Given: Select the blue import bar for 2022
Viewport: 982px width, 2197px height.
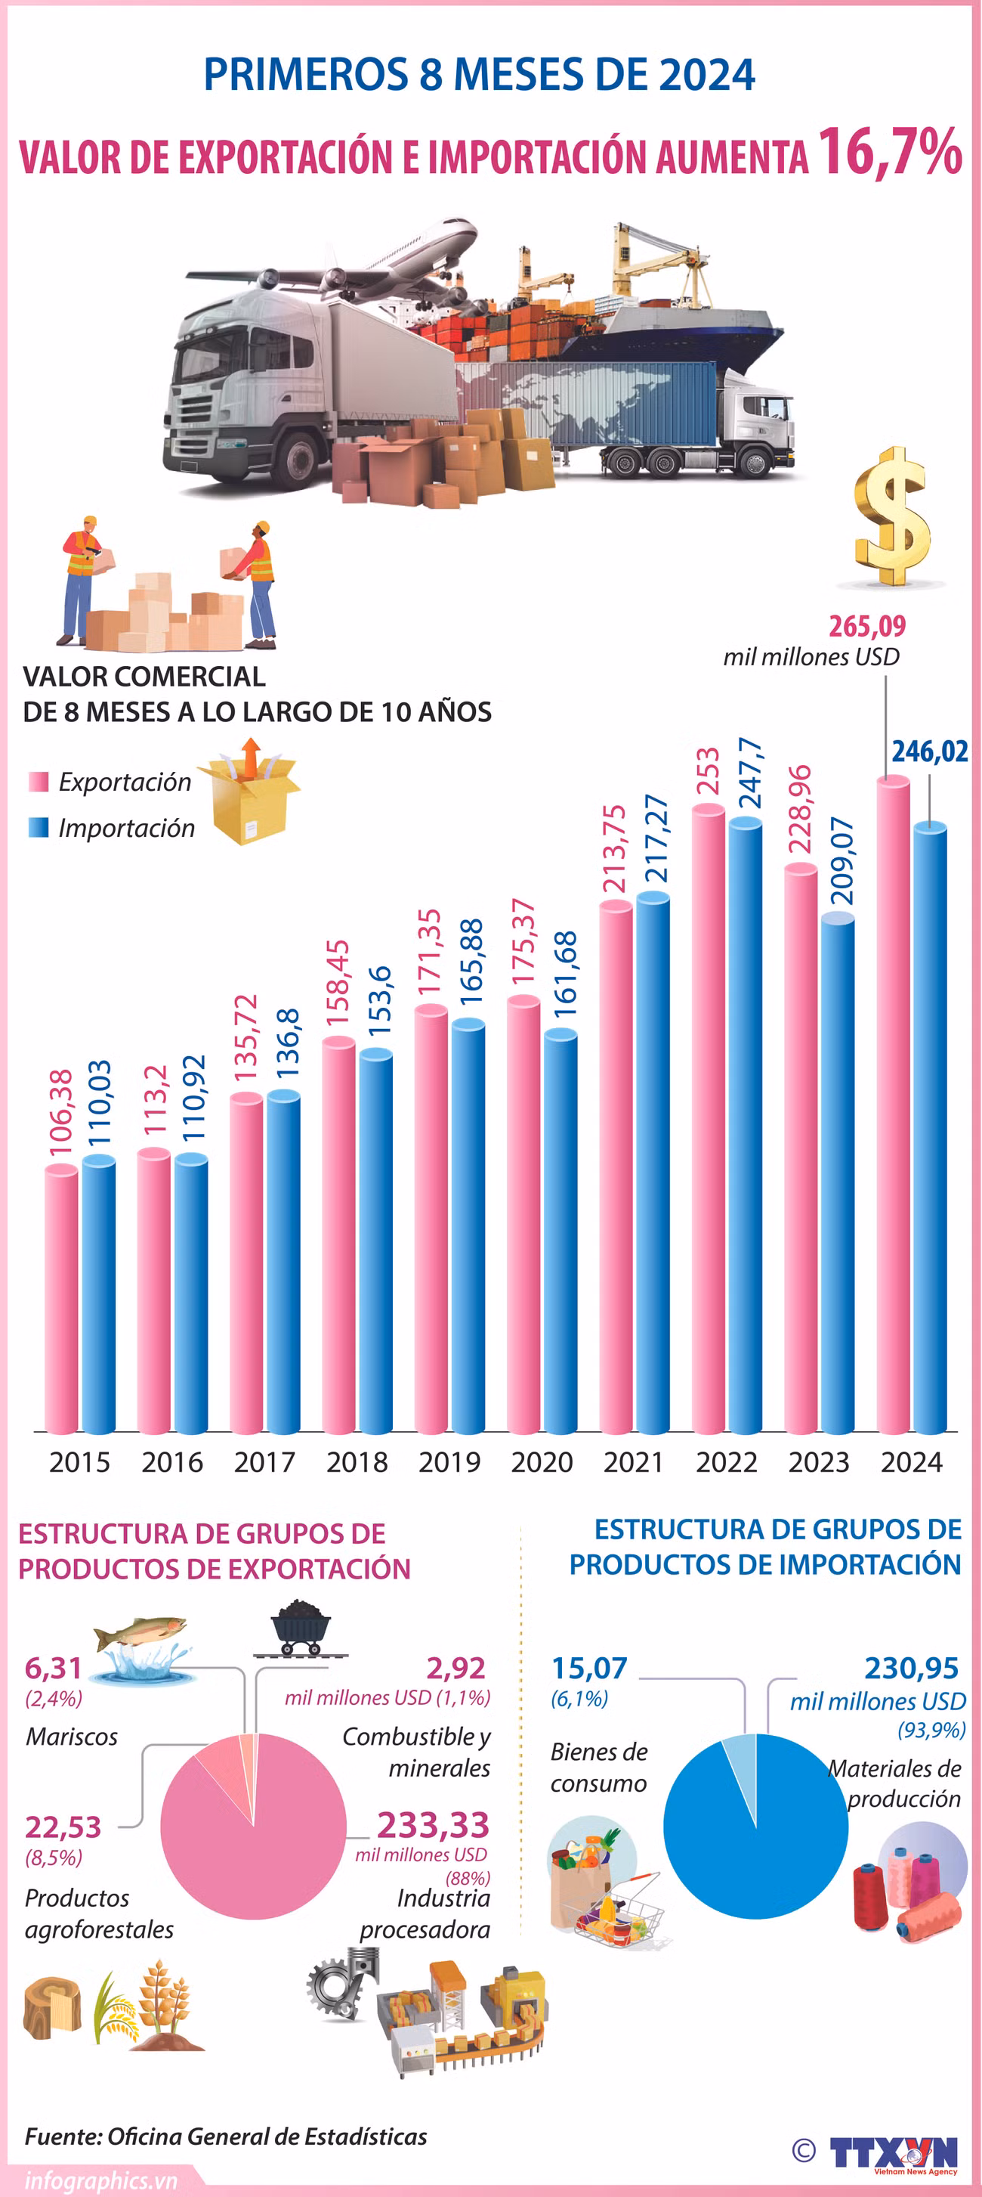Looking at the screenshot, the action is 745,1125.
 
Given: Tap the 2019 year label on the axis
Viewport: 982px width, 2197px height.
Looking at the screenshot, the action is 449,1463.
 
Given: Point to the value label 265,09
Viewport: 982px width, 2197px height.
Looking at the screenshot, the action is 867,626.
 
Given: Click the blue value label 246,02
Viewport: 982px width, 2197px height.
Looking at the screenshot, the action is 929,751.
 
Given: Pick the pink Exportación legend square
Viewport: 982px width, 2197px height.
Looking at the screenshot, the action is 39,781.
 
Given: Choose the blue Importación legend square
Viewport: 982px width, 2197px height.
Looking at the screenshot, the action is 39,827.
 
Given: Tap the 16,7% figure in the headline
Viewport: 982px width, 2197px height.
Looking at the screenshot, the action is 890,153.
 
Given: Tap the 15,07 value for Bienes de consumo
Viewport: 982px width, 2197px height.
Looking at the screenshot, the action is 589,1667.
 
